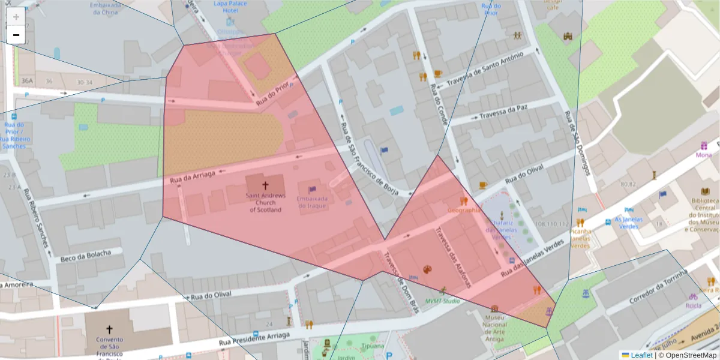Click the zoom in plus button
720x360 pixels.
(16, 16)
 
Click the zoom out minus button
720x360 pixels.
(16, 35)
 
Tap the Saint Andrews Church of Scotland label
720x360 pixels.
(265, 203)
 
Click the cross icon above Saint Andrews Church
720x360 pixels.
(265, 187)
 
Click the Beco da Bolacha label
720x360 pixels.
(86, 256)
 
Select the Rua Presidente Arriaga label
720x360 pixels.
(254, 338)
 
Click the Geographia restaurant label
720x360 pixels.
(464, 211)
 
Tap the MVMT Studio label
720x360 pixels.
(443, 301)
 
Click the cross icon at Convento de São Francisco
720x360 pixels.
(109, 329)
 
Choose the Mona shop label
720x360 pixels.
(704, 155)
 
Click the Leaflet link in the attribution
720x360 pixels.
(641, 355)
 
